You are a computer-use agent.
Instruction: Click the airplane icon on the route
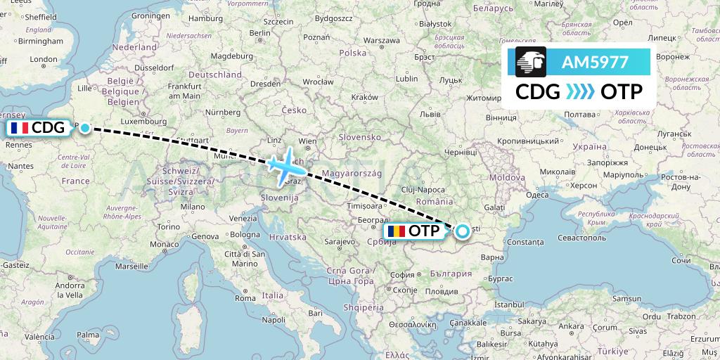click(x=285, y=167)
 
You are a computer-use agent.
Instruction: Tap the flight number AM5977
click(x=595, y=62)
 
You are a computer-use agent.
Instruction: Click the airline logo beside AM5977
click(x=531, y=62)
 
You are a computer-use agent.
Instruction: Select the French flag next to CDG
click(x=20, y=128)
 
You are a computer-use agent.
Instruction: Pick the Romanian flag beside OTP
click(x=396, y=231)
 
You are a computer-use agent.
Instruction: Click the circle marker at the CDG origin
click(x=85, y=127)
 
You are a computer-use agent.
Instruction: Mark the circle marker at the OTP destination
click(x=463, y=230)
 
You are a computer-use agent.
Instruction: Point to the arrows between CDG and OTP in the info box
click(x=580, y=92)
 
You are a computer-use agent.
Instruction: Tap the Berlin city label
click(x=259, y=32)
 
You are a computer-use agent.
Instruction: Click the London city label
click(x=43, y=60)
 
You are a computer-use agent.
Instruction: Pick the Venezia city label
click(x=241, y=218)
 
